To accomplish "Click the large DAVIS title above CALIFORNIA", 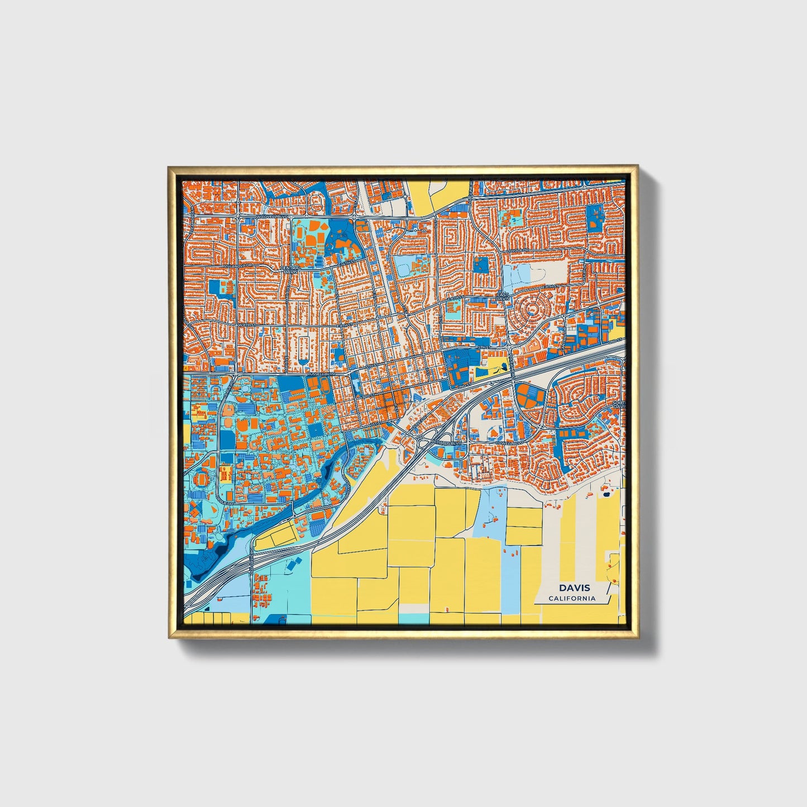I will (574, 588).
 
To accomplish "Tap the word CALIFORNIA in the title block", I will (572, 599).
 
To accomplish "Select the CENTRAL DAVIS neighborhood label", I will (290, 270).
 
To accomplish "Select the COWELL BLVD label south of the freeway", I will (508, 443).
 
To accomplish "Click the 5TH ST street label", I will (485, 347).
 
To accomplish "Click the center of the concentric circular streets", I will (531, 309).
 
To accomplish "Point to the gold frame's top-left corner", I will (169, 167).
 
